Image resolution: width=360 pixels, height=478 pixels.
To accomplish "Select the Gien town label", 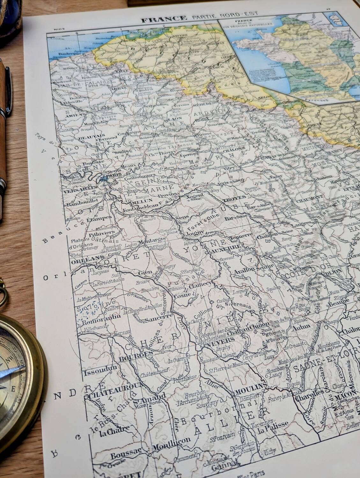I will click(x=145, y=273).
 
